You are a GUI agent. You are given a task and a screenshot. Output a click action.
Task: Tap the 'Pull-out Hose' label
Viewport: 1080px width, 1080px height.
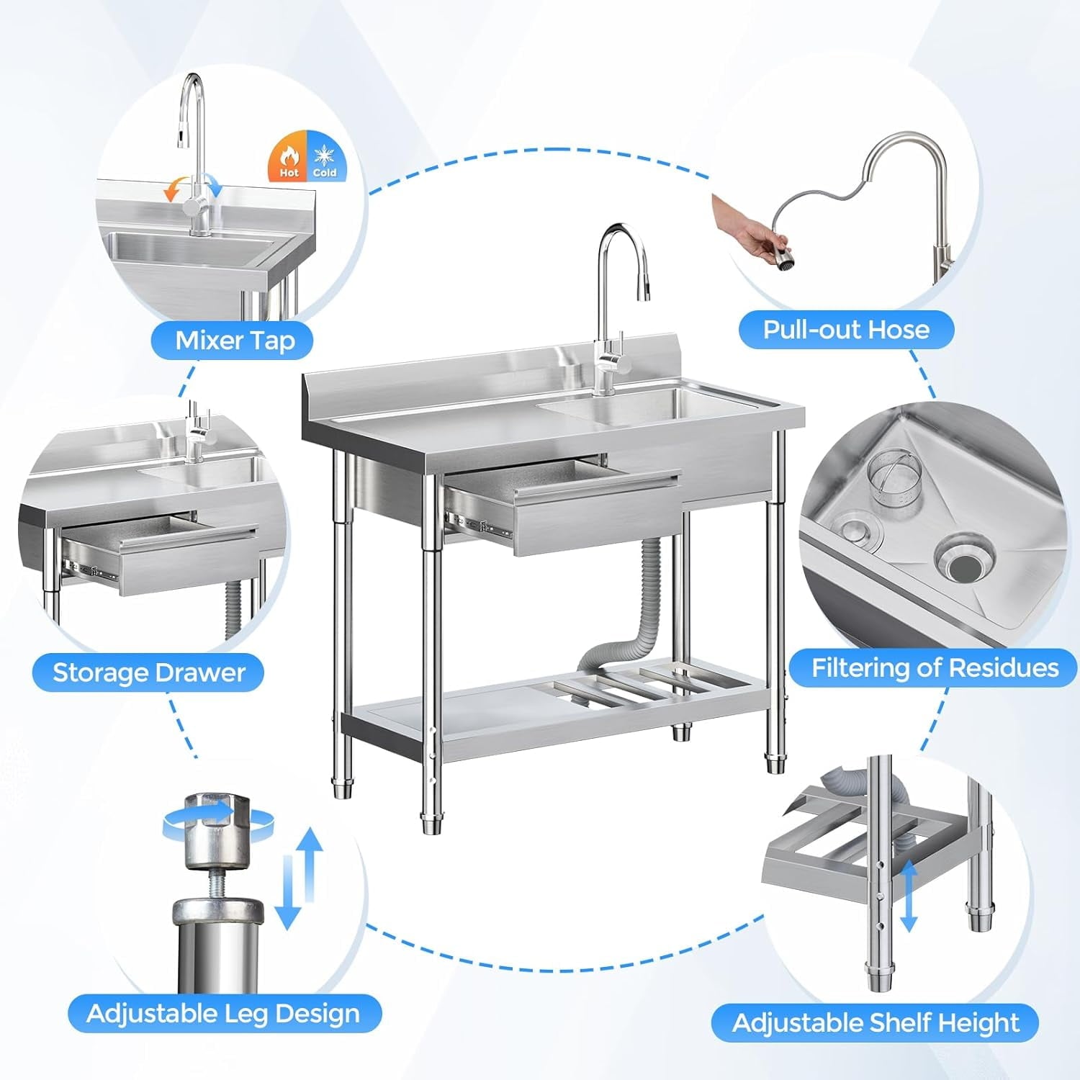[846, 330]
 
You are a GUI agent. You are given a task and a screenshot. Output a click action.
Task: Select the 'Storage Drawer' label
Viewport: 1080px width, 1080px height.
[148, 672]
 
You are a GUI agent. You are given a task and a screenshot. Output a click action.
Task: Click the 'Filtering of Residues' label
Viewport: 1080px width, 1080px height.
[935, 668]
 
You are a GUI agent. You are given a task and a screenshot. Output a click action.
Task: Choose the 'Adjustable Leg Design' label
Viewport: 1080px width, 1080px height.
[223, 1013]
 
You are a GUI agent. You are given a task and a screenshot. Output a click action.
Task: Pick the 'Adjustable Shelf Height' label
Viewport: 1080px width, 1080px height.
[875, 1022]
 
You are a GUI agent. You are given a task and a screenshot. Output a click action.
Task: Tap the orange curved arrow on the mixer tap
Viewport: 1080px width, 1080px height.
[173, 189]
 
